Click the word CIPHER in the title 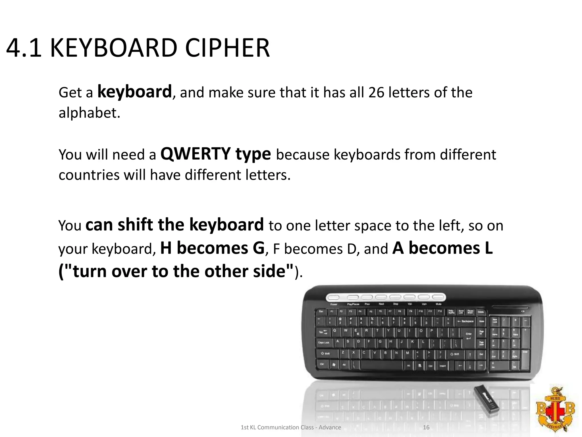pos(227,48)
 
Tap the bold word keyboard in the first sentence pos(134,92)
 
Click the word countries pos(89,175)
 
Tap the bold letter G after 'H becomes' pos(258,248)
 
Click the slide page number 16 pos(426,427)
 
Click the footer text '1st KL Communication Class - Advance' pos(291,427)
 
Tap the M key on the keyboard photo pos(408,354)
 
